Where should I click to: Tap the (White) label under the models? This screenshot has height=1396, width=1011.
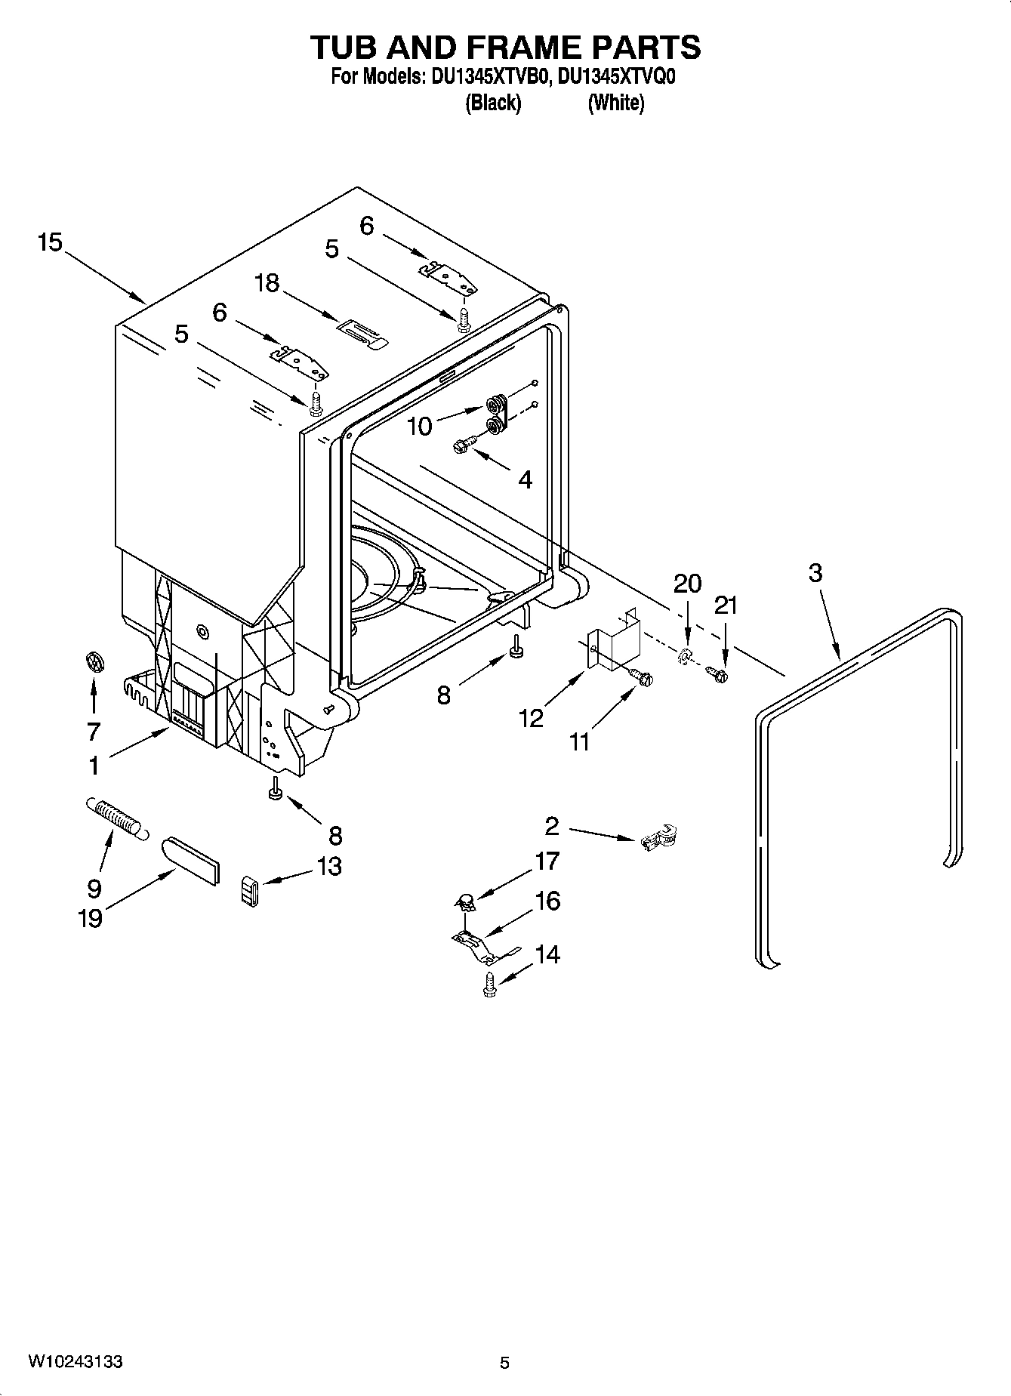coord(615,103)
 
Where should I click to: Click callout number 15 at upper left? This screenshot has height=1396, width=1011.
coord(49,243)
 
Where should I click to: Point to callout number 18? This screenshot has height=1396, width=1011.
coord(267,283)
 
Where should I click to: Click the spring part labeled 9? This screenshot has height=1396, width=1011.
coord(116,816)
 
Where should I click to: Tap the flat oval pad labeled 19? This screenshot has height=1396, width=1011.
coord(192,859)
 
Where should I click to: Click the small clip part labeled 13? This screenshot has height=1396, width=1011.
coord(250,892)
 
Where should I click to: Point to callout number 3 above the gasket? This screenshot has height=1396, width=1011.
coord(815,573)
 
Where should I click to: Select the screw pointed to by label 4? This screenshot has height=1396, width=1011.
coord(464,445)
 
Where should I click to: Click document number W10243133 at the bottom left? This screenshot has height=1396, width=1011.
coord(76,1361)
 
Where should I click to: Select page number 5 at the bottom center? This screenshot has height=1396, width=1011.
coord(504,1362)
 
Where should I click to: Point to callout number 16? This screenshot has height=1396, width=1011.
coord(547,901)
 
